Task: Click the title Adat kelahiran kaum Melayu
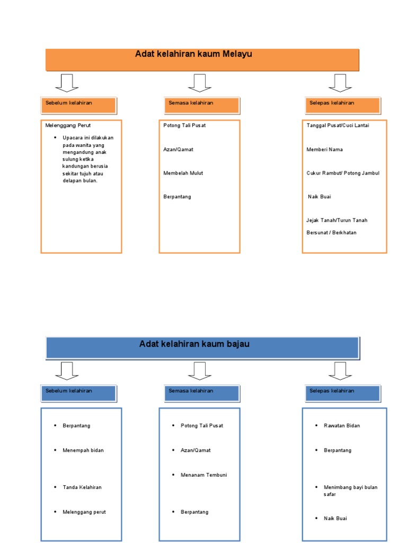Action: pyautogui.click(x=193, y=54)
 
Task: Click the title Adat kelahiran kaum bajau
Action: pyautogui.click(x=194, y=344)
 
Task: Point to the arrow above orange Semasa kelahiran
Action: pyautogui.click(x=199, y=83)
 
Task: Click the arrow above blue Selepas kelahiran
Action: pyautogui.click(x=340, y=371)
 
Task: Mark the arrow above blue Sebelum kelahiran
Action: pyautogui.click(x=67, y=371)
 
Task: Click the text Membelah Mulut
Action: pyautogui.click(x=183, y=173)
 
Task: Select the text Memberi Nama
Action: pyautogui.click(x=324, y=150)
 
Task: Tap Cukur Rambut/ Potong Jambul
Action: pyautogui.click(x=343, y=173)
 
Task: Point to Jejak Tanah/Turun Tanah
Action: pyautogui.click(x=337, y=220)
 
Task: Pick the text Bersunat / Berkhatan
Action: pyautogui.click(x=331, y=232)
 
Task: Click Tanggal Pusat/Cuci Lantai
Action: pyautogui.click(x=338, y=126)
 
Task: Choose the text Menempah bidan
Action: pyautogui.click(x=83, y=450)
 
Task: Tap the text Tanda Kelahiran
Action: pyautogui.click(x=82, y=487)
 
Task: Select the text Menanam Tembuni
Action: pyautogui.click(x=203, y=475)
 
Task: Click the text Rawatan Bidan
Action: pyautogui.click(x=342, y=426)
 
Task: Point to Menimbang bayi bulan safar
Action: pyautogui.click(x=350, y=491)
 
